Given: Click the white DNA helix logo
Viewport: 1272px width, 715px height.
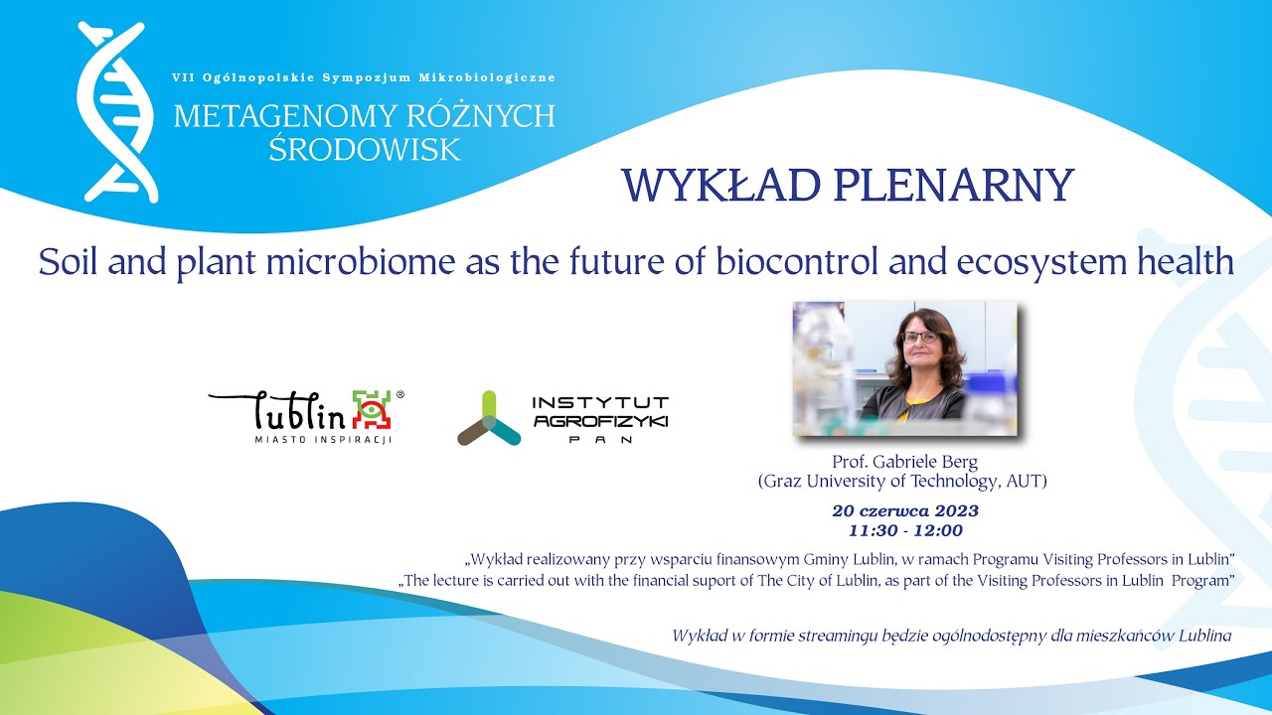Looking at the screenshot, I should [x=117, y=111].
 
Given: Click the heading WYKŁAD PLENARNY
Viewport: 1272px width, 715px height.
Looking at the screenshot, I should [x=847, y=186].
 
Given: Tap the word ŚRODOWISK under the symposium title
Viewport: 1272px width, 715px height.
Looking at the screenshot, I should [x=365, y=149].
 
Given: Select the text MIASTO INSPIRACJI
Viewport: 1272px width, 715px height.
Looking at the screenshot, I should [x=323, y=439].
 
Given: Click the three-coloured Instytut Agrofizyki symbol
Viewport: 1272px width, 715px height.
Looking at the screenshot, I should [x=488, y=419].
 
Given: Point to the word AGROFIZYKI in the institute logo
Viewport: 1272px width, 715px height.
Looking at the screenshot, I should [x=600, y=421].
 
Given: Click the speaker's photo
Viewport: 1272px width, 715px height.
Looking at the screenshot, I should [x=904, y=368].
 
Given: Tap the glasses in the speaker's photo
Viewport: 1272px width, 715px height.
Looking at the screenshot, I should [x=920, y=338].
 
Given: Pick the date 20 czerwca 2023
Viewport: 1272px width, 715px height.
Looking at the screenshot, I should [x=904, y=511].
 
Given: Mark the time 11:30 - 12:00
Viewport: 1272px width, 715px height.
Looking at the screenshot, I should [x=904, y=530].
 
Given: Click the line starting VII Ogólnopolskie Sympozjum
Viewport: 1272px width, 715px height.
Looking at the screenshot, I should [x=364, y=77].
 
